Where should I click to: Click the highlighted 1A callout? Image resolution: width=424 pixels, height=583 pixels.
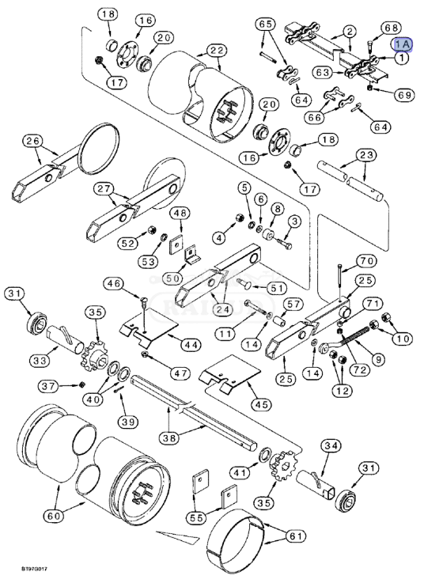tap(403, 44)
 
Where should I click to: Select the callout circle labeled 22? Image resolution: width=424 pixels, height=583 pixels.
tap(216, 50)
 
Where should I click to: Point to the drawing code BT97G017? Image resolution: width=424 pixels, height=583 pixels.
tap(34, 569)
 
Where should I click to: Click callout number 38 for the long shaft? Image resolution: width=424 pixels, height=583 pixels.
tap(169, 438)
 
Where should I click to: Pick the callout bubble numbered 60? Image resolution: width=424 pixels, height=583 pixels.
tap(55, 516)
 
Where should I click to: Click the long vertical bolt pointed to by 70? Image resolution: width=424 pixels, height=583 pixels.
tap(339, 281)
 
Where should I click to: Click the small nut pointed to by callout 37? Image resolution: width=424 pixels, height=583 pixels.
tap(83, 384)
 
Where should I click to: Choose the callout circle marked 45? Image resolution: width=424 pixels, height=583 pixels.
tap(262, 404)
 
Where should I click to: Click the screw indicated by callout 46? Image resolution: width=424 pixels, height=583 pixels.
tap(144, 305)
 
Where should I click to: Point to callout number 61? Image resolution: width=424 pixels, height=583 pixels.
tap(296, 536)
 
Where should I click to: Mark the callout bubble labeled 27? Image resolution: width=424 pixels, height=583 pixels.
tap(104, 189)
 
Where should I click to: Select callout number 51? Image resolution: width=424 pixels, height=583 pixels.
tap(276, 288)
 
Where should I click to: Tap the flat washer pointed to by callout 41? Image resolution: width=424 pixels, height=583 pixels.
tap(265, 455)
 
